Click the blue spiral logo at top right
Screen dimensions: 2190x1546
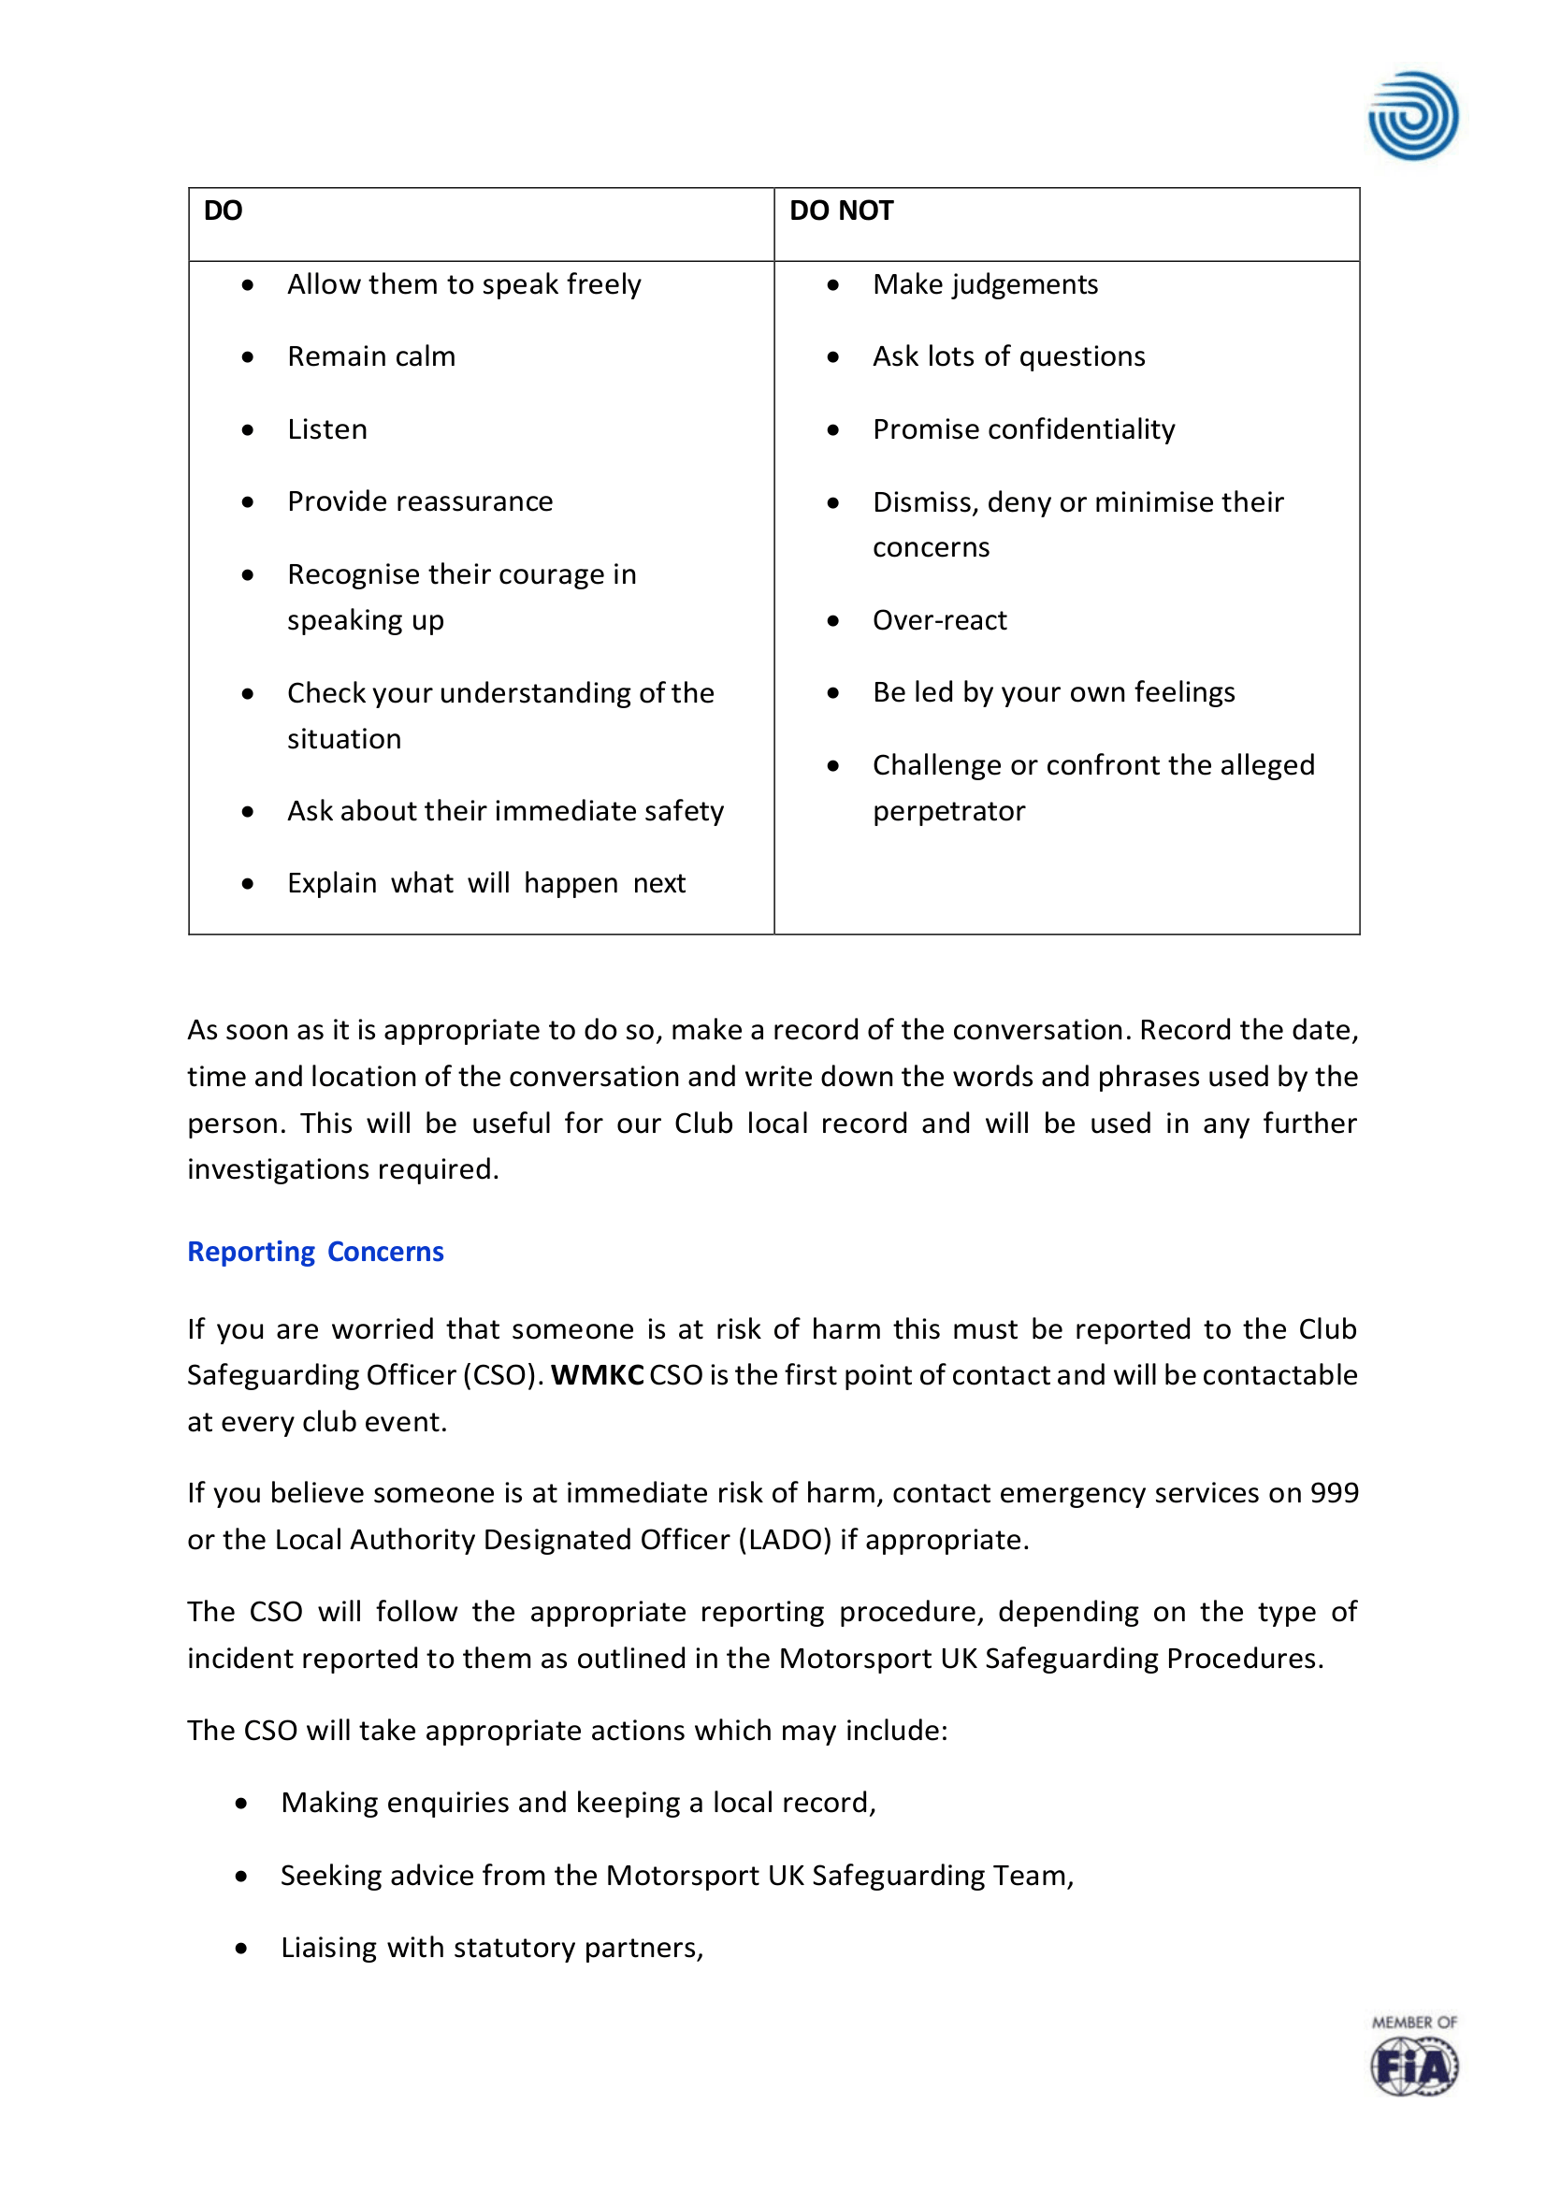(x=1412, y=116)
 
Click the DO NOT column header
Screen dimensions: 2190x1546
(x=841, y=210)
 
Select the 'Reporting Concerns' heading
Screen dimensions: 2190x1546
(x=316, y=1252)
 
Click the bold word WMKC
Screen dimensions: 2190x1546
(x=597, y=1375)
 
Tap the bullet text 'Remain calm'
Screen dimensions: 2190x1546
(x=371, y=356)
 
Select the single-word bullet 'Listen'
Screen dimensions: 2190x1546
(x=327, y=429)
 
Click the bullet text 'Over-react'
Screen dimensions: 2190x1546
(x=939, y=620)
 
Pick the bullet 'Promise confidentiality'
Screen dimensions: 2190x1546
(x=1023, y=429)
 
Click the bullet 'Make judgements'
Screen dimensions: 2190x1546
(x=985, y=284)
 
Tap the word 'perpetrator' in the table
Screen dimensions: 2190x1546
(x=949, y=811)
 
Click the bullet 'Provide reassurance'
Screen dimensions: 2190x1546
(x=420, y=501)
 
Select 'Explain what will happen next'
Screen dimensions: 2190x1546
(x=486, y=883)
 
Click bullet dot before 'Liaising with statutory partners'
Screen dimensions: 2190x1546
(x=241, y=1949)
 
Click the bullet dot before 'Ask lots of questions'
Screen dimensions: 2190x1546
(x=832, y=357)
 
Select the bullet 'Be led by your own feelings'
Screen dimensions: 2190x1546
(x=1053, y=692)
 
